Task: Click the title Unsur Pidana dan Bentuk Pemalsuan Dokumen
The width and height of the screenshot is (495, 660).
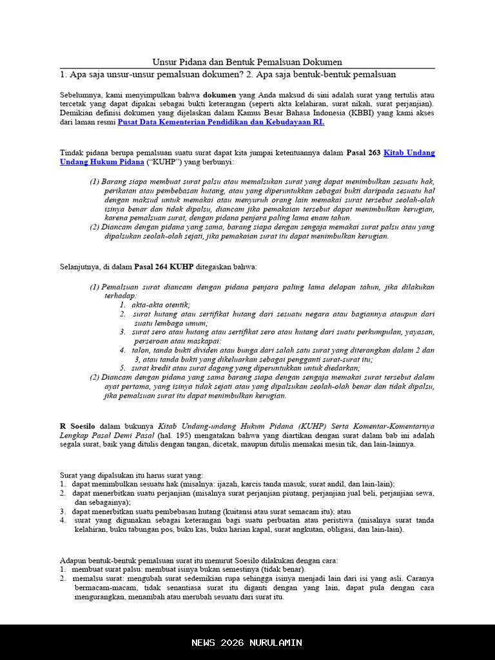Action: point(247,62)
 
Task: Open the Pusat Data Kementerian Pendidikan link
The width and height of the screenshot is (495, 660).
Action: point(220,122)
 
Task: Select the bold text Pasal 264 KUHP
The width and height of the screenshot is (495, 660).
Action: point(164,266)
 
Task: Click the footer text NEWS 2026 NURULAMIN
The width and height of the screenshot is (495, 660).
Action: point(247,643)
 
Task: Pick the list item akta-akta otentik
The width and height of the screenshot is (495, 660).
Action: point(160,305)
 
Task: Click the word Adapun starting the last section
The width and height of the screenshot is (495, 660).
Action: point(73,560)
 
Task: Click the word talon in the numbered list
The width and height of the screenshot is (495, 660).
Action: point(141,350)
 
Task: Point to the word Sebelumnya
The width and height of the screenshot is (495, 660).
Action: point(81,95)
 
